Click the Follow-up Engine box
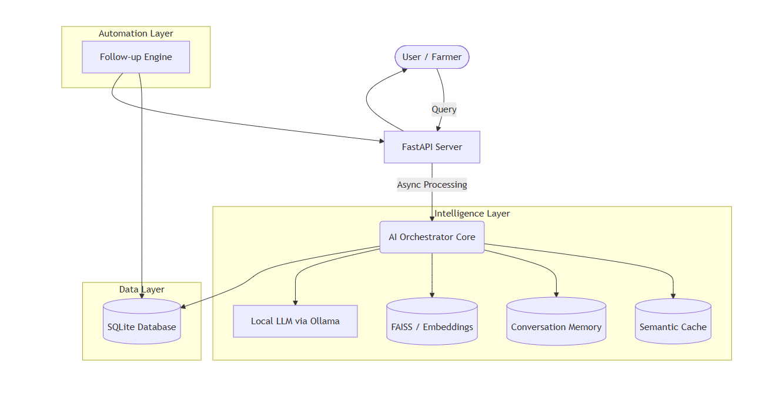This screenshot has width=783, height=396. [136, 57]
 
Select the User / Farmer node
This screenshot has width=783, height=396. [432, 57]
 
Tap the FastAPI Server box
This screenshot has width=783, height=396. [432, 147]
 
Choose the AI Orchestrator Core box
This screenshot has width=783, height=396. [432, 237]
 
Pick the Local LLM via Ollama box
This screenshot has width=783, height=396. [295, 321]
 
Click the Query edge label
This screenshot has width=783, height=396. [444, 109]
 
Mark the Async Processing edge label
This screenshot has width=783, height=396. [432, 185]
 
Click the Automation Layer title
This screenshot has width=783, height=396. [136, 34]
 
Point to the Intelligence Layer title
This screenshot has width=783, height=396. [472, 214]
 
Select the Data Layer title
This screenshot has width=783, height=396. [142, 289]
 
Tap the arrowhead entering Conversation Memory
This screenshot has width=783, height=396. [556, 294]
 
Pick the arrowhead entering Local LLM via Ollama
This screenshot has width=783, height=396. [295, 302]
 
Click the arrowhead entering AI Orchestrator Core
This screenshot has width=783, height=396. [432, 218]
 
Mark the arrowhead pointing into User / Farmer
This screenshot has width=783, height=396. [404, 70]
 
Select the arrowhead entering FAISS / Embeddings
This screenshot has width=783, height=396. [432, 295]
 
